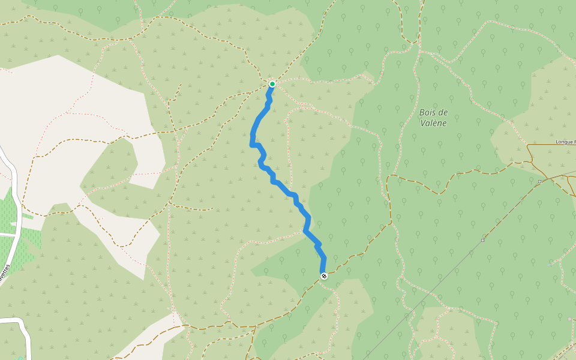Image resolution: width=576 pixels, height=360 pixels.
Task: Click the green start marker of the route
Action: coord(272,84)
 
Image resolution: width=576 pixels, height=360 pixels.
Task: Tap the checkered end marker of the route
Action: coord(324,276)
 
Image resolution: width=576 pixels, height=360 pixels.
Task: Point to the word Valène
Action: coord(434,124)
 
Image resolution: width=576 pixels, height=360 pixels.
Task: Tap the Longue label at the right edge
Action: coord(565,142)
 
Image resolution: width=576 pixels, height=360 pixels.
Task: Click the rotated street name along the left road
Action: coord(5,273)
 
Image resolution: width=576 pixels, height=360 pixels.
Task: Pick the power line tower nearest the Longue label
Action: coord(539,181)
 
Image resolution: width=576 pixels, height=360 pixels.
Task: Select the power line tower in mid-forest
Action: coord(482,241)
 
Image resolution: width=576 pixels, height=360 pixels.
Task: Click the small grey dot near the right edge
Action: coord(569,319)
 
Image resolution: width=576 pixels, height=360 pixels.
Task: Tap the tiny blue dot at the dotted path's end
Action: coord(550,264)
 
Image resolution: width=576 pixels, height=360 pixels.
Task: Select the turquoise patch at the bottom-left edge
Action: coord(20,358)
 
